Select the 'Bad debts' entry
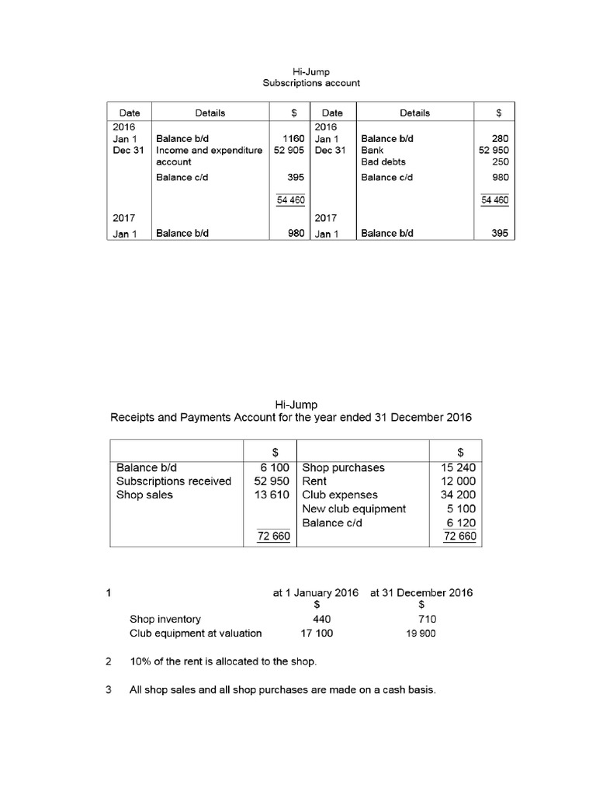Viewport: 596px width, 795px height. [x=383, y=162]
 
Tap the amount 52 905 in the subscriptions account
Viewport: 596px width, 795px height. [x=289, y=151]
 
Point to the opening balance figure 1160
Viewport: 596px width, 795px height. [x=293, y=139]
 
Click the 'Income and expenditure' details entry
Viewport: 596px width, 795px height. [x=209, y=151]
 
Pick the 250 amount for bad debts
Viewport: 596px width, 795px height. [x=501, y=162]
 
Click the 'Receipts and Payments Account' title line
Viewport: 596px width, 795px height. [x=290, y=418]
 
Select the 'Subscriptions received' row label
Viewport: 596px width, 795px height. [x=173, y=481]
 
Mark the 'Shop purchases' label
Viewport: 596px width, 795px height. [x=343, y=467]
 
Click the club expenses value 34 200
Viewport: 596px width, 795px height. [x=459, y=495]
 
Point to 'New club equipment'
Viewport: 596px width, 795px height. [x=354, y=509]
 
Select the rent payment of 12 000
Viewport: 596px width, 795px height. [x=459, y=481]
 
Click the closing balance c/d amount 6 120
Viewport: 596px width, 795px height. [x=461, y=523]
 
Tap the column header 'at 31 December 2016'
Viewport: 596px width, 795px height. [x=421, y=592]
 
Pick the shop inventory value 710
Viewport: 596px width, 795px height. [x=427, y=620]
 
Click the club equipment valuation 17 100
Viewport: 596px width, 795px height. [x=317, y=634]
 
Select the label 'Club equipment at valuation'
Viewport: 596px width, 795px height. [x=196, y=634]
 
